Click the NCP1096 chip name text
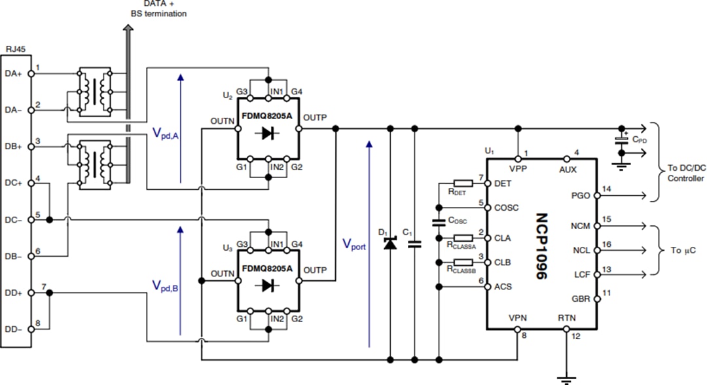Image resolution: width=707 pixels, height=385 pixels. tap(541, 246)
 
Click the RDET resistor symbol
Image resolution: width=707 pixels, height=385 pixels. tap(462, 183)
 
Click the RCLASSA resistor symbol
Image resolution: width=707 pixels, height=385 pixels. tap(462, 238)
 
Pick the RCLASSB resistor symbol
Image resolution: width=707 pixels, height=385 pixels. tap(462, 262)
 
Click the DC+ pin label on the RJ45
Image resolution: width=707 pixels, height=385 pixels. tap(14, 183)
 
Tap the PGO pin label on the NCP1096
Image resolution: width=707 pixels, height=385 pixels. tap(581, 195)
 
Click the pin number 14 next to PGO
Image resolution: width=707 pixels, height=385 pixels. tap(607, 189)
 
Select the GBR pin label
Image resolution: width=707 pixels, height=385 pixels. tap(581, 299)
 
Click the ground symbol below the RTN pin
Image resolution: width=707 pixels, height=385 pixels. tap(567, 377)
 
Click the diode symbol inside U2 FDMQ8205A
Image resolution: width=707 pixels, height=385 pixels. tap(268, 134)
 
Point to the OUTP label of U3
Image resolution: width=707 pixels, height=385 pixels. tap(316, 270)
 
